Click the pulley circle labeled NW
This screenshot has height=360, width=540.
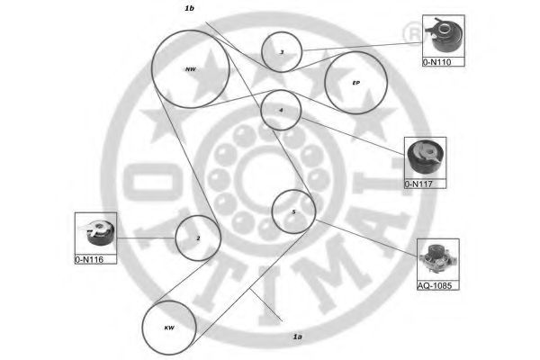pos(190,67)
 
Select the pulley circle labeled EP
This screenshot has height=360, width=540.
pos(355,82)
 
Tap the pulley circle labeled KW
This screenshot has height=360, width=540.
pos(169,327)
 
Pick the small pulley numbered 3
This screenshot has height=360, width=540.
pos(282,52)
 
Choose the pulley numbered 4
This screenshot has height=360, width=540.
pos(281,110)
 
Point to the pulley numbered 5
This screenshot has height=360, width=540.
pos(293,211)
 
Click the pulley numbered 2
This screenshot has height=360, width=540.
pos(197,238)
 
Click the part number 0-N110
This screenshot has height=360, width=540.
pos(437,63)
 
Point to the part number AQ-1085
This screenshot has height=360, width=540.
pos(436,286)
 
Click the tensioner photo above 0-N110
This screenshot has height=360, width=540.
pos(443,37)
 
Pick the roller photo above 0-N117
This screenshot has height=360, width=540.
pos(425,159)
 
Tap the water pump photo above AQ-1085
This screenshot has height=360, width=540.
pos(438,260)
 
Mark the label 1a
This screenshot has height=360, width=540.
pos(297,337)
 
